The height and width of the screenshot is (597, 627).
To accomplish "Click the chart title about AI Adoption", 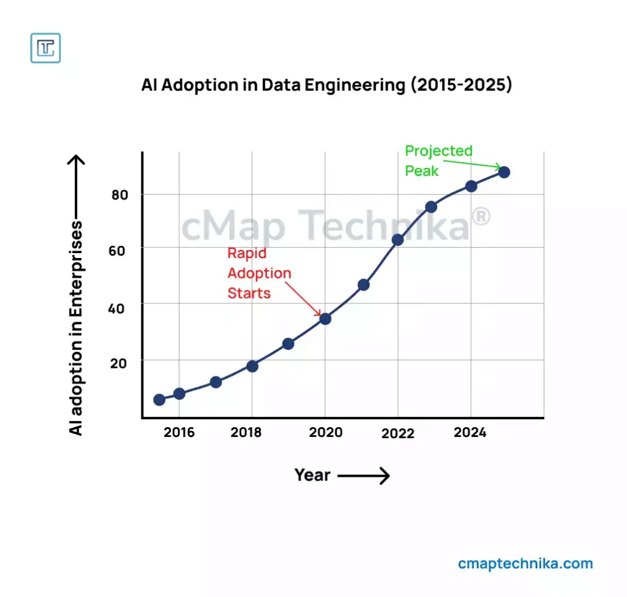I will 326,85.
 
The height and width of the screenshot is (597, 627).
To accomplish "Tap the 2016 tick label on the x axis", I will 179,433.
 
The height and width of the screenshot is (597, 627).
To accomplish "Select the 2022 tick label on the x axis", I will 397,434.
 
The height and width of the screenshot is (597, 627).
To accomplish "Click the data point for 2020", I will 325,319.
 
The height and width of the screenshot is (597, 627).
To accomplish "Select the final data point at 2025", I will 504,172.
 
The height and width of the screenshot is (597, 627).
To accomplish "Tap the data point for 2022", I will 397,240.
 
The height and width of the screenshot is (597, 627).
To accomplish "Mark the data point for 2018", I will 252,366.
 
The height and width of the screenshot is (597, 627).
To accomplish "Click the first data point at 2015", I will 159,400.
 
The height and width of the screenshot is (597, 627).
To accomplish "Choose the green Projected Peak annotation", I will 438,161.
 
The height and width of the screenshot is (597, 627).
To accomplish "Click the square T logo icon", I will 45,48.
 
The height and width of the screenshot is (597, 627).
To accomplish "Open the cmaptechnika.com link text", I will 525,563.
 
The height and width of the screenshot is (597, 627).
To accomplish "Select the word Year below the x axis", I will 312,475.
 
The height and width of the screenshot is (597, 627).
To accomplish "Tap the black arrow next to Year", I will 364,476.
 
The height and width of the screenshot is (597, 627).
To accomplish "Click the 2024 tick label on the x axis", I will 470,433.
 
